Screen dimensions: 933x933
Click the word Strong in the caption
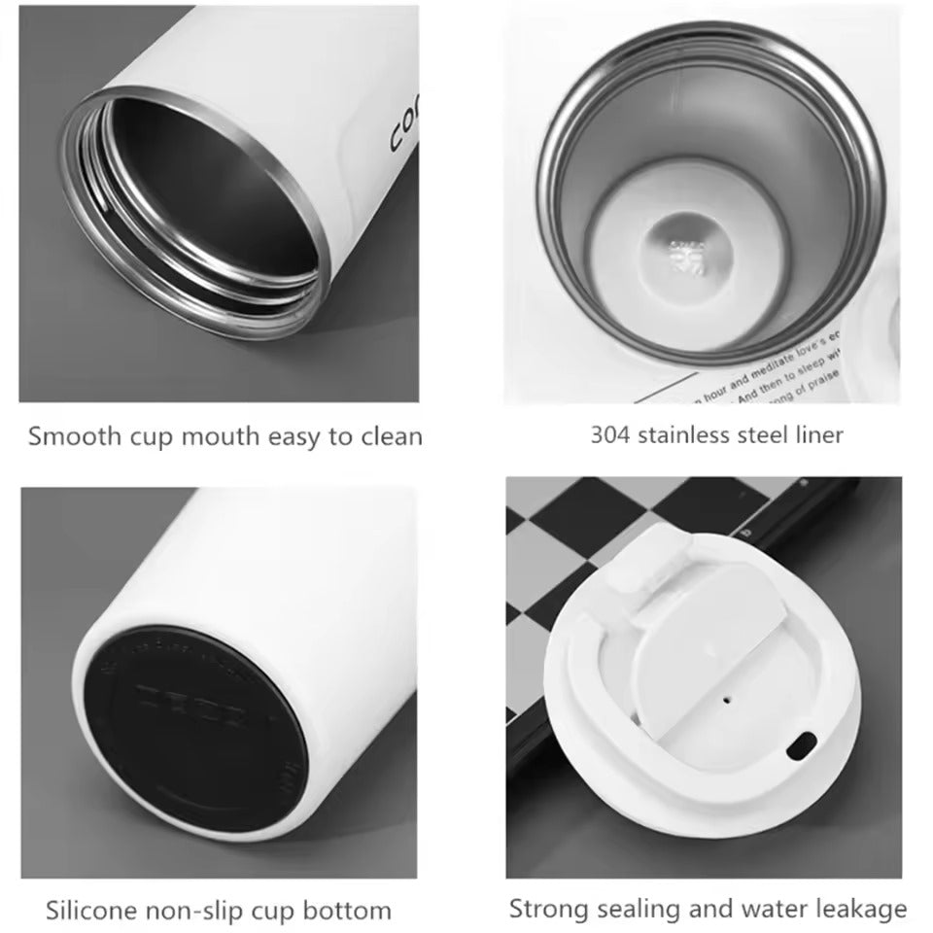pos(547,909)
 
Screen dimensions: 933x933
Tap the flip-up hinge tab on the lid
pos(640,573)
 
